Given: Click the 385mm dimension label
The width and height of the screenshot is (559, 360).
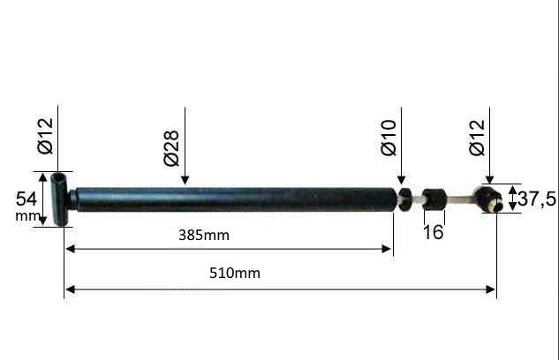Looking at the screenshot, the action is click(x=204, y=236).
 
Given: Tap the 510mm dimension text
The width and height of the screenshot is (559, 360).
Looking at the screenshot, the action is click(x=235, y=274).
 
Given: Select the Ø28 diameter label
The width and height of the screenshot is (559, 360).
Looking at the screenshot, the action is click(x=171, y=148).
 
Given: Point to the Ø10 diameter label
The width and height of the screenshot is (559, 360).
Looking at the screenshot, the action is click(x=389, y=138).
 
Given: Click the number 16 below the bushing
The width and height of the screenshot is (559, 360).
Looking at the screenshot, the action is click(x=434, y=232).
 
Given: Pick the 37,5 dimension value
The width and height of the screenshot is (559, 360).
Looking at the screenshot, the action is click(x=537, y=199).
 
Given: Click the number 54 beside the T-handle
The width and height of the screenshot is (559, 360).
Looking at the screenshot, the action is click(x=26, y=199).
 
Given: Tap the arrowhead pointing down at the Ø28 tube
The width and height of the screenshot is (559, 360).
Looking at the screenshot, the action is click(x=185, y=180).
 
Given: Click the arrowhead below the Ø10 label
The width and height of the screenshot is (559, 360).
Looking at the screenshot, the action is click(x=401, y=180).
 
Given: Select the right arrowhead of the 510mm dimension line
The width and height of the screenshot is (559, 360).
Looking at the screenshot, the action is click(x=491, y=289).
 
